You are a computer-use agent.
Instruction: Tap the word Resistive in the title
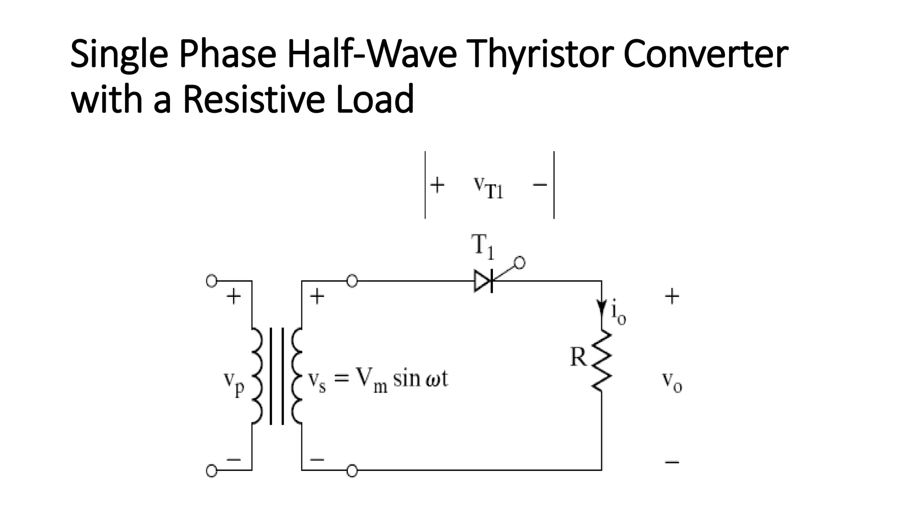pos(254,99)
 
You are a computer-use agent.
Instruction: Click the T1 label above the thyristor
pos(483,246)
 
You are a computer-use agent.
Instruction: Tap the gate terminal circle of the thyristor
pos(519,263)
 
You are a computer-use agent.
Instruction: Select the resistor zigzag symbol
pos(602,360)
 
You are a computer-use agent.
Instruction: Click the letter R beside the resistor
pos(578,357)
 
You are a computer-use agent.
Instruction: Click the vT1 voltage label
pos(488,187)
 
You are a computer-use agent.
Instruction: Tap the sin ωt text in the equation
pos(420,379)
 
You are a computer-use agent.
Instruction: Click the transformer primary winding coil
pos(256,375)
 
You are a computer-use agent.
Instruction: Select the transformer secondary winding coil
pos(297,375)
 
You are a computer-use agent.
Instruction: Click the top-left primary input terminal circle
pos(211,281)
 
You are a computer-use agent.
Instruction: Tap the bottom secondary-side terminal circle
pos(352,471)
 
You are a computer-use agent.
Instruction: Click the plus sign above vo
pos(672,297)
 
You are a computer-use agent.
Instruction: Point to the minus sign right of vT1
pos(540,184)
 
